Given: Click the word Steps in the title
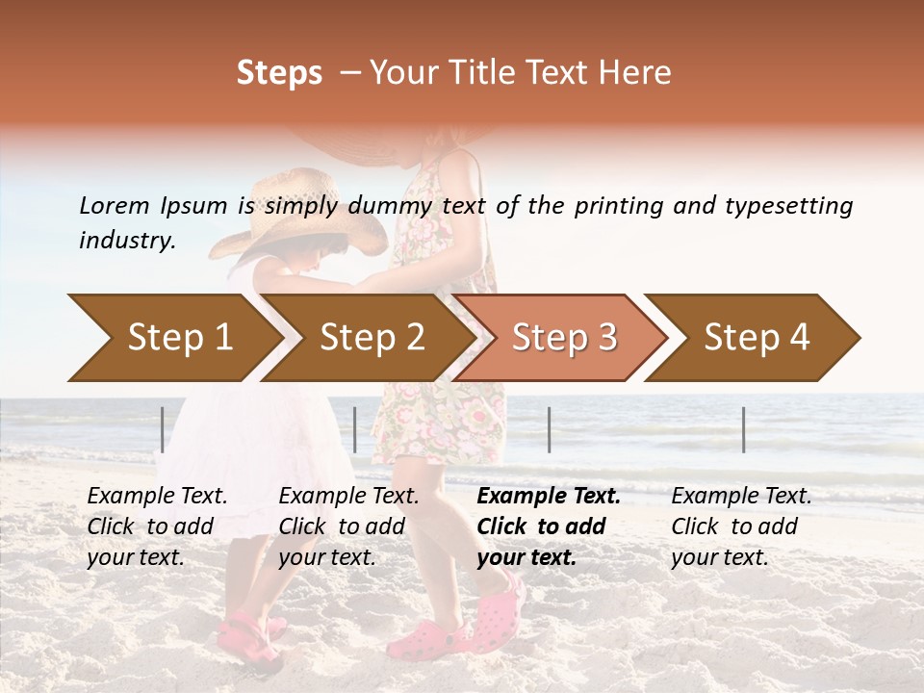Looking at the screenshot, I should click(279, 73).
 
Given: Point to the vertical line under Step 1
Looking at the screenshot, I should click(163, 429).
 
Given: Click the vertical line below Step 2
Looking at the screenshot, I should click(355, 429).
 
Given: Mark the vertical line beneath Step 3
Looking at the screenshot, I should click(549, 429).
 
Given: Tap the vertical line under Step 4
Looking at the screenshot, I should click(743, 429).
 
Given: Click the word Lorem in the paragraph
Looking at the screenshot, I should click(115, 205).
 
